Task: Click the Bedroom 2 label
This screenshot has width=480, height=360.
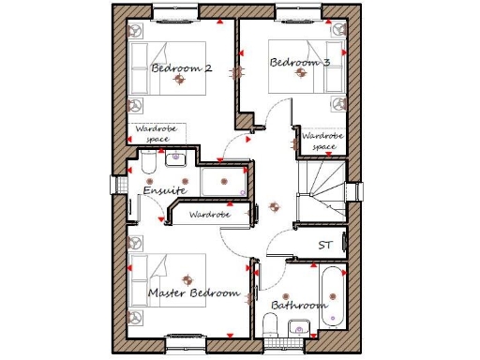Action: pyautogui.click(x=181, y=68)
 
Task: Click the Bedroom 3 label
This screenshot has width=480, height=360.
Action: pyautogui.click(x=300, y=63)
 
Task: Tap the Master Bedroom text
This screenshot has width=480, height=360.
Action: pyautogui.click(x=193, y=293)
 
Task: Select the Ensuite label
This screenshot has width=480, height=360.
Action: pyautogui.click(x=165, y=191)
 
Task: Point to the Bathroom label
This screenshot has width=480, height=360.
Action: pyautogui.click(x=299, y=306)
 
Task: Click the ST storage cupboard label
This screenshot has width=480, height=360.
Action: pyautogui.click(x=325, y=245)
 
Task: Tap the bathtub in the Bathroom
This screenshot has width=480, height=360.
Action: pyautogui.click(x=333, y=296)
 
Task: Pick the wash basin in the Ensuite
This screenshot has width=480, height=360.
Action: pyautogui.click(x=175, y=159)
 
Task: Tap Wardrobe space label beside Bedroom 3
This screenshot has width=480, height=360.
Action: pyautogui.click(x=322, y=141)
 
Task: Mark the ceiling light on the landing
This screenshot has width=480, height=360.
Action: pyautogui.click(x=274, y=206)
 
